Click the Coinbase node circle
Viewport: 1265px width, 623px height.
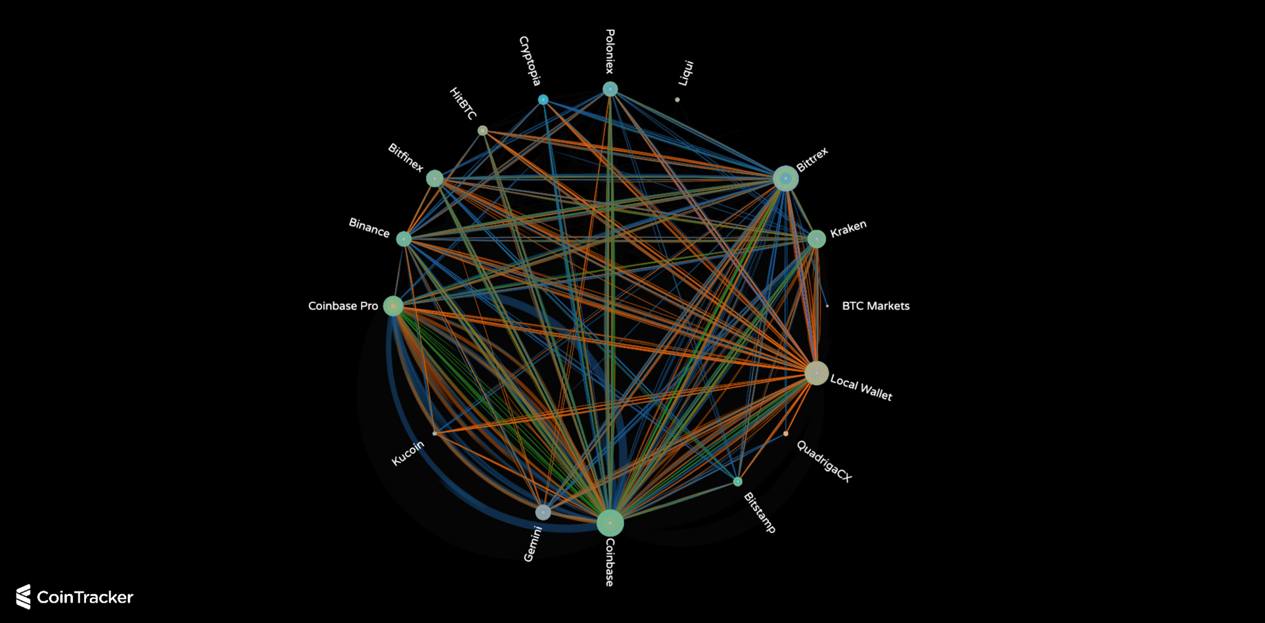point(610,522)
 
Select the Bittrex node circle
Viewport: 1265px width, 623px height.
point(786,178)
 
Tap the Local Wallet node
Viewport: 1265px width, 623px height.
point(817,373)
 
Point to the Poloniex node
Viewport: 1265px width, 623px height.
point(610,89)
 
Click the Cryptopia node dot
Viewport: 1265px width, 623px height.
point(543,100)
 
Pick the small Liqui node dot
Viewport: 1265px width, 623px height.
point(677,100)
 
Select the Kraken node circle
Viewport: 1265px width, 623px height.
point(817,238)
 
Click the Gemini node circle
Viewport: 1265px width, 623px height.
point(543,512)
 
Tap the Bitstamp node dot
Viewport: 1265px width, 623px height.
point(737,481)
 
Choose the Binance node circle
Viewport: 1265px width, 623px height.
point(404,238)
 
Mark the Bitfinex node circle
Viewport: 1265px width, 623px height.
point(435,178)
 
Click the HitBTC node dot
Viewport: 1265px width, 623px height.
point(483,130)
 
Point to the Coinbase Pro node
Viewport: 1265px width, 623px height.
point(393,306)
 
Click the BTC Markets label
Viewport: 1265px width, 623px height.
point(875,306)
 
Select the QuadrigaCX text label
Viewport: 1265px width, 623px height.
point(824,461)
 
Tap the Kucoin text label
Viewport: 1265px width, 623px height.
point(408,453)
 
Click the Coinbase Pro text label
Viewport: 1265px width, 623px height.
point(343,306)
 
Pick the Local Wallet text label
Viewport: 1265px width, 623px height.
point(861,387)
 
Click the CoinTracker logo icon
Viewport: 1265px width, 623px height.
point(23,596)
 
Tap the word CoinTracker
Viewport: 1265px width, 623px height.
point(85,597)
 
